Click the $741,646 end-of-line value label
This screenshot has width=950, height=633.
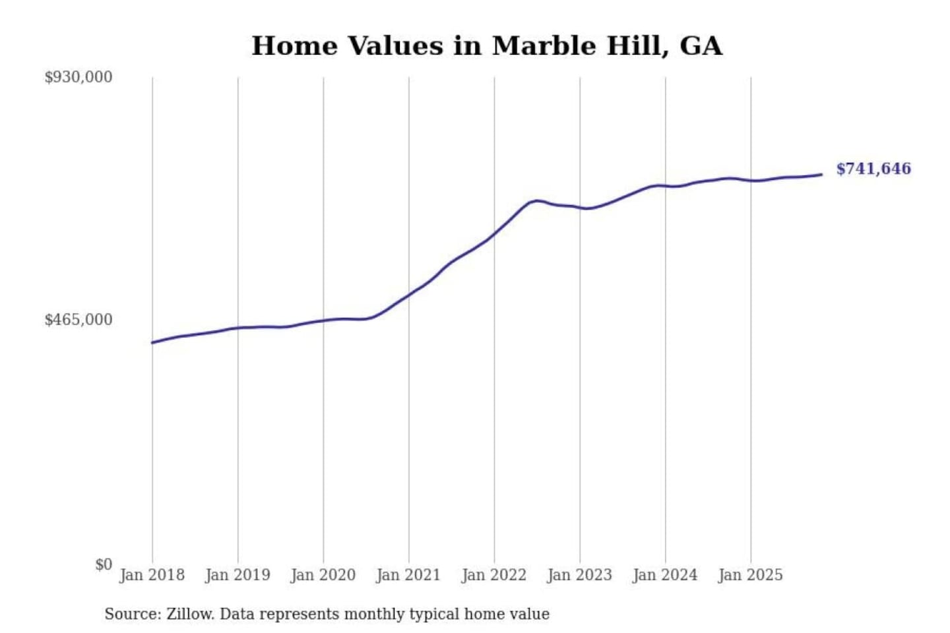[873, 169]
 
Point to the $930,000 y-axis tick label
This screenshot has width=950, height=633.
[79, 77]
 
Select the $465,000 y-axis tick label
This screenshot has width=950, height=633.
[79, 320]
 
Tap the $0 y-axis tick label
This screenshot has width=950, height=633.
[104, 564]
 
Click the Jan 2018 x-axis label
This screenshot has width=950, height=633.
[152, 575]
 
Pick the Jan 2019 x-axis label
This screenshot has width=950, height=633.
[237, 575]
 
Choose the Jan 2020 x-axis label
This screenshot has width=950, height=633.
[323, 575]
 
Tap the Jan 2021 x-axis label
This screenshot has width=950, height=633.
[408, 575]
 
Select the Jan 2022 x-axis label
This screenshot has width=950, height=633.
[494, 575]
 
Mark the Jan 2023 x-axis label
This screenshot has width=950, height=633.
[580, 575]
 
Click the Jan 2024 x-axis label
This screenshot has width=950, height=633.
[665, 575]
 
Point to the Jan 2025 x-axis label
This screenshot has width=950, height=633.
[751, 575]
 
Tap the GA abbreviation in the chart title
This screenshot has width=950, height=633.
[701, 46]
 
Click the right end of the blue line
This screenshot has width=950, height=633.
[821, 175]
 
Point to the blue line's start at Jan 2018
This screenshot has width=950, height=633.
[152, 342]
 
